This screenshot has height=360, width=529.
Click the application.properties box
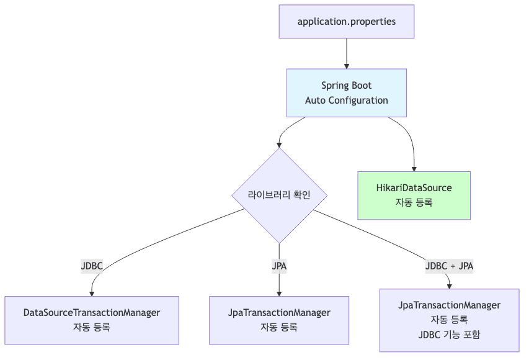point(346,22)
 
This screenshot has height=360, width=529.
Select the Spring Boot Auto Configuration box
point(346,92)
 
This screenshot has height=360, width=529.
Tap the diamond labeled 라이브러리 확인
point(279,195)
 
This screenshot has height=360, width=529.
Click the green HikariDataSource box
point(414,194)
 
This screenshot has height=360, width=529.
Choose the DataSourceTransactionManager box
point(91,320)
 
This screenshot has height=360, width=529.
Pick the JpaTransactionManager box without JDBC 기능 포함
point(279,320)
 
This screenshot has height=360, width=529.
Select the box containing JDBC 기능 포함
point(449,320)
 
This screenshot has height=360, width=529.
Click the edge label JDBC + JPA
point(449,266)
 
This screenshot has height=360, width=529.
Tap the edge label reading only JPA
point(279,266)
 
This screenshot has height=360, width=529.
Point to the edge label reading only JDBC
point(91,266)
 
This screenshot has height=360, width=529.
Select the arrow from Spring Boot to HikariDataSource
point(410,140)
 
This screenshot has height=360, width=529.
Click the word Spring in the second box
point(334,86)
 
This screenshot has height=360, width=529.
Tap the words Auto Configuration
point(346,101)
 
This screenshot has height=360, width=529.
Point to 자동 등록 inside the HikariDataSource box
point(414,202)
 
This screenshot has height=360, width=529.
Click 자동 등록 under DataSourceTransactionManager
point(91,327)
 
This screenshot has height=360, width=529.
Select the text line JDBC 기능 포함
point(449,335)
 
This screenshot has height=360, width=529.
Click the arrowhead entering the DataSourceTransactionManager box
point(92,293)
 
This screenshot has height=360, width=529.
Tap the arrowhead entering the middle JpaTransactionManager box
point(279,293)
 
